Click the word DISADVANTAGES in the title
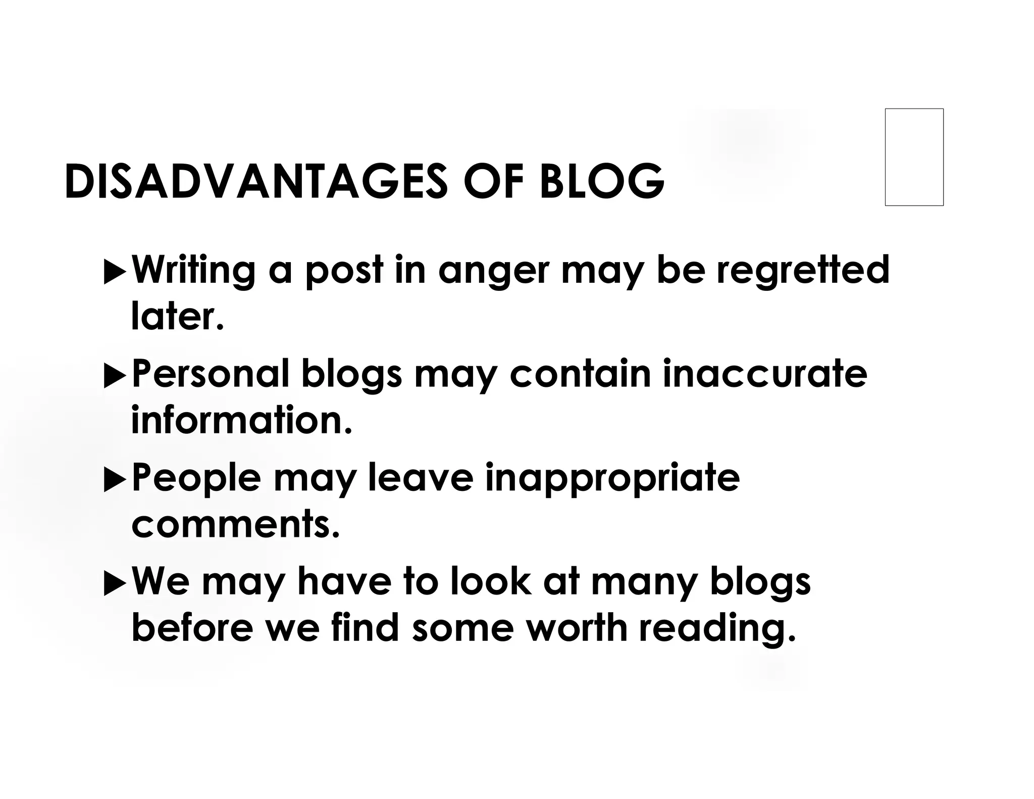[x=256, y=181]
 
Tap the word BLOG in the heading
[x=601, y=181]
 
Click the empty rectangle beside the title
[x=914, y=157]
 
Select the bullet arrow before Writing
[x=115, y=273]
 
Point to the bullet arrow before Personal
[x=115, y=377]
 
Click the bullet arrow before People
[x=115, y=481]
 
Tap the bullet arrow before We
[x=115, y=585]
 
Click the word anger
[x=493, y=272]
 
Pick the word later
[x=177, y=317]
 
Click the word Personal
[x=211, y=374]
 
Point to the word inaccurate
[x=765, y=374]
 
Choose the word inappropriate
[x=612, y=479]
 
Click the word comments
[x=235, y=525]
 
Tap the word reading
[x=716, y=630]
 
